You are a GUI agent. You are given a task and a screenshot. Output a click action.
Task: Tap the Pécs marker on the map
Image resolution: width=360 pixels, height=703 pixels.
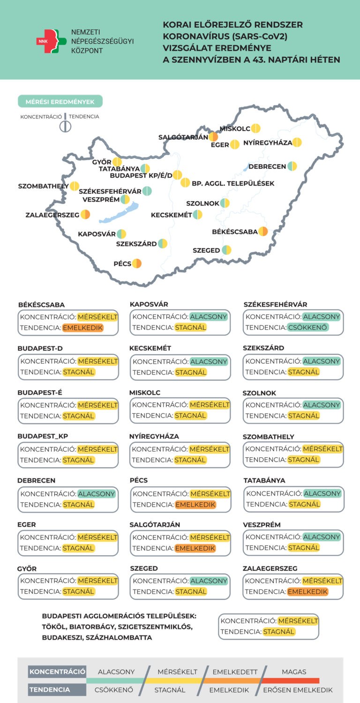tap(137, 264)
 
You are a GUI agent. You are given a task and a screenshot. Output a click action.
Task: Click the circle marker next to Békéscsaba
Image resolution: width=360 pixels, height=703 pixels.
tap(263, 231)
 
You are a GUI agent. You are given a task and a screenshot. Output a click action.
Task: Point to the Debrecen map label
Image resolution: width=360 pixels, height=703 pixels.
tap(267, 166)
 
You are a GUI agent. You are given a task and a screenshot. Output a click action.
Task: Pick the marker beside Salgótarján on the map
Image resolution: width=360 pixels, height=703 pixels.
tap(213, 137)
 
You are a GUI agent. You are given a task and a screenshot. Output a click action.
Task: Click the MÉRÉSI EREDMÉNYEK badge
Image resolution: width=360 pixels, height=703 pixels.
tap(60, 101)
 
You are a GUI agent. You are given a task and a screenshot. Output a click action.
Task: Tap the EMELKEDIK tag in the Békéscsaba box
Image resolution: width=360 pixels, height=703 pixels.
tap(82, 328)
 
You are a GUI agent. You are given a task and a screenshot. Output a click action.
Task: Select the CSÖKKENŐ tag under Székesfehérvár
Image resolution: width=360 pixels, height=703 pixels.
tap(308, 327)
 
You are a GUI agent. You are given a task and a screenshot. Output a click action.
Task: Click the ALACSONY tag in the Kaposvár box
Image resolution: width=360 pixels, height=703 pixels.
tap(209, 317)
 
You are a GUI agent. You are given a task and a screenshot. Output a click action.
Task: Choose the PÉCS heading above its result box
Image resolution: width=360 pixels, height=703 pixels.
tap(139, 480)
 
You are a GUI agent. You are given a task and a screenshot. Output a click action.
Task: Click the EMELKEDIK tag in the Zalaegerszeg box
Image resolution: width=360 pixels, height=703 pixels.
tap(307, 592)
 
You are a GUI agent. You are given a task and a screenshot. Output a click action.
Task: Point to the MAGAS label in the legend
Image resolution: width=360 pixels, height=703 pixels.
tap(294, 672)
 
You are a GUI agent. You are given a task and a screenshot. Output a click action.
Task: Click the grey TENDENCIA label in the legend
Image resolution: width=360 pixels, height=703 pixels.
tap(50, 689)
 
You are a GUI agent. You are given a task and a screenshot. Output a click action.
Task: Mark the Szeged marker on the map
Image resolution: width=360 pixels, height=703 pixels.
tap(226, 250)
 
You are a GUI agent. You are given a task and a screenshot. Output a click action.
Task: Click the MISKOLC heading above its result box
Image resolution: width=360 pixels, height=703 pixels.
tap(145, 393)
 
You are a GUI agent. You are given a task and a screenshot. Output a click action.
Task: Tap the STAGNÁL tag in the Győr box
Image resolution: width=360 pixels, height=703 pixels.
tap(79, 591)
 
